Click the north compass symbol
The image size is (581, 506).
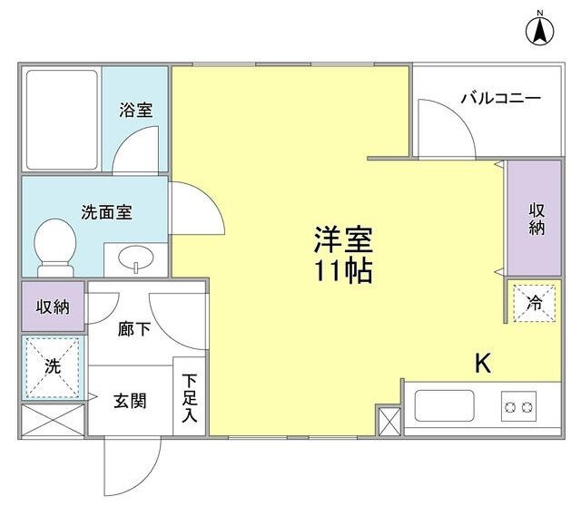tap(539, 29)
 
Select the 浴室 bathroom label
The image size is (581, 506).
tap(135, 110)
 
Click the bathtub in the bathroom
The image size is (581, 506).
tap(61, 119)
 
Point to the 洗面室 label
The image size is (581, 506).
tap(107, 213)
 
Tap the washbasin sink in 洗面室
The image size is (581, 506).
tap(136, 260)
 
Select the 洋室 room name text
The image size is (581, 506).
tap(344, 239)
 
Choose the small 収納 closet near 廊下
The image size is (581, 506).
tap(53, 307)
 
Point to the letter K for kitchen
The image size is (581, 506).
tap(482, 364)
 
